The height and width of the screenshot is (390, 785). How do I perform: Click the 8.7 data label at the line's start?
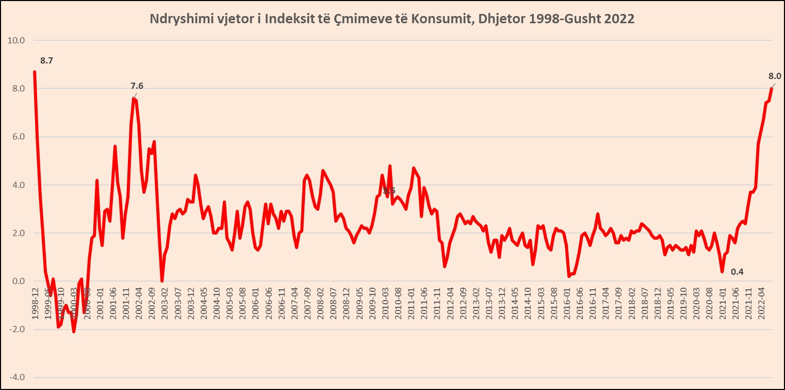46,61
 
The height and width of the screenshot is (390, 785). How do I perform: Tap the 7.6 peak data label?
137,86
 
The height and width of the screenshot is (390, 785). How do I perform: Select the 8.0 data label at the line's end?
775,76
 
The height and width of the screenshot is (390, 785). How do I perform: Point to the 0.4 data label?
738,272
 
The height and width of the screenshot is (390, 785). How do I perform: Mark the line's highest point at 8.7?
35,72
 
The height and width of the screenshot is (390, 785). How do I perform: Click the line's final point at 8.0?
772,88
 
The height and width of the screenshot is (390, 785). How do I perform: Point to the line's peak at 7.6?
134,98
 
